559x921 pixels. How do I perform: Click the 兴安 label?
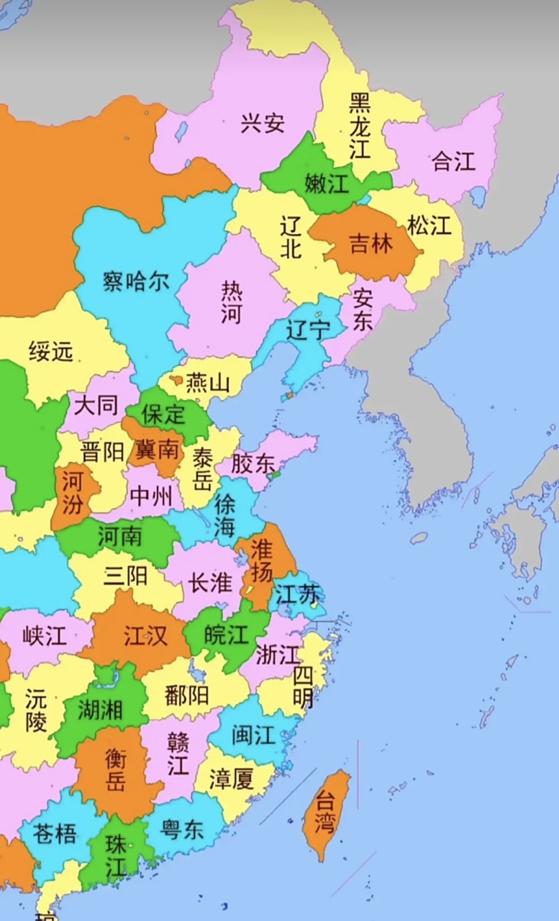[x=262, y=124]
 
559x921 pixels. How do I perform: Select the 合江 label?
[x=453, y=161]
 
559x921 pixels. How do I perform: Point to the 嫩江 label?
[x=326, y=183]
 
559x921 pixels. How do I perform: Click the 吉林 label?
[x=371, y=244]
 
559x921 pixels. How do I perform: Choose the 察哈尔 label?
[x=136, y=281]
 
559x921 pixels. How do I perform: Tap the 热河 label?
[x=231, y=302]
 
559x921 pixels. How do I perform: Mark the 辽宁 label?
[x=308, y=330]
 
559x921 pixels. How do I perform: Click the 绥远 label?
[x=51, y=352]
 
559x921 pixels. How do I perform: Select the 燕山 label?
[x=207, y=383]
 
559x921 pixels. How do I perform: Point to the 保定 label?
[x=163, y=414]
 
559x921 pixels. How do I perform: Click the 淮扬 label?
[x=262, y=561]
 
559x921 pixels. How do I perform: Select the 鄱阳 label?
[x=186, y=695]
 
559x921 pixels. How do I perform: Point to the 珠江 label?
[x=115, y=856]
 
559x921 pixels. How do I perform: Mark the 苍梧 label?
[x=55, y=833]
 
